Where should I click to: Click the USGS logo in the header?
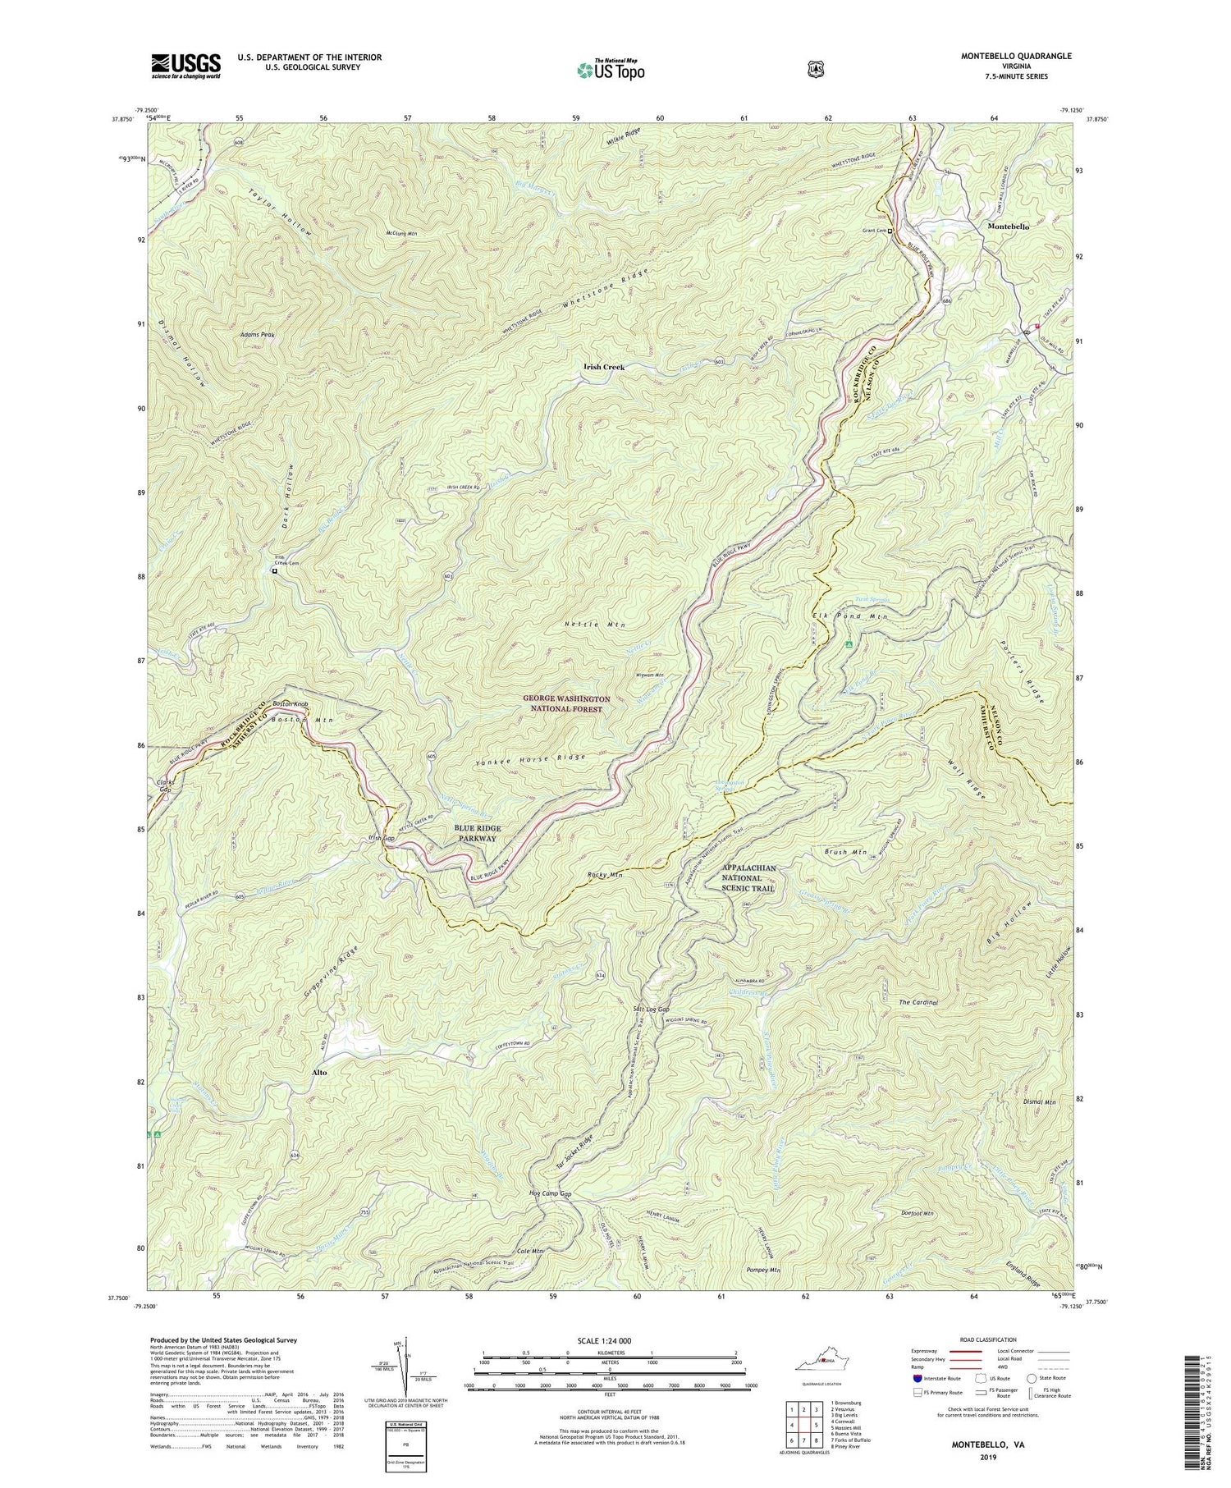coord(185,66)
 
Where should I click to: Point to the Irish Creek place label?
coord(603,367)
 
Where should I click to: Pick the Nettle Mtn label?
coord(595,625)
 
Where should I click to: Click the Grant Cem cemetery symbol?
coord(890,231)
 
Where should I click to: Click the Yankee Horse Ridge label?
coord(530,758)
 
